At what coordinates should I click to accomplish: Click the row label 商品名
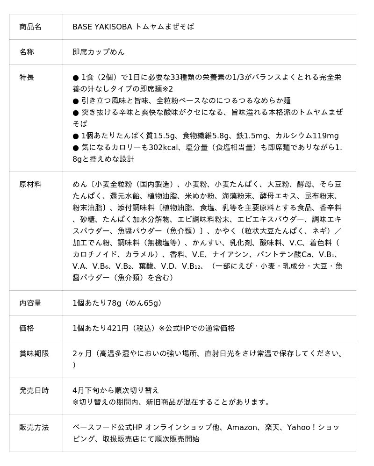[30, 27]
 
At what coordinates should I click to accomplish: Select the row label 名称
[27, 52]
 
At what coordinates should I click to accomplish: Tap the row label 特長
[27, 77]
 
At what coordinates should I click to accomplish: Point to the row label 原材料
[30, 184]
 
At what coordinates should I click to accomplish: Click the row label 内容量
[30, 303]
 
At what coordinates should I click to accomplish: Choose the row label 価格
[27, 328]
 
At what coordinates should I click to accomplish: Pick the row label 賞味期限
[34, 353]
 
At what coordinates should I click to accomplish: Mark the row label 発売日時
[34, 390]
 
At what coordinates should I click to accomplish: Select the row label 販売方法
[34, 427]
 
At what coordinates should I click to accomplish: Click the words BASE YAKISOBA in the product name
[102, 27]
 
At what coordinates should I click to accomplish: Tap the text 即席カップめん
[99, 52]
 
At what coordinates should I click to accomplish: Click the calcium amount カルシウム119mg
[307, 136]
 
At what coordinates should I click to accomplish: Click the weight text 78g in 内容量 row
[115, 303]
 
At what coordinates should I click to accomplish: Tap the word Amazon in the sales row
[243, 427]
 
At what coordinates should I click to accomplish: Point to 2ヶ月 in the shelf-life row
[81, 353]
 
